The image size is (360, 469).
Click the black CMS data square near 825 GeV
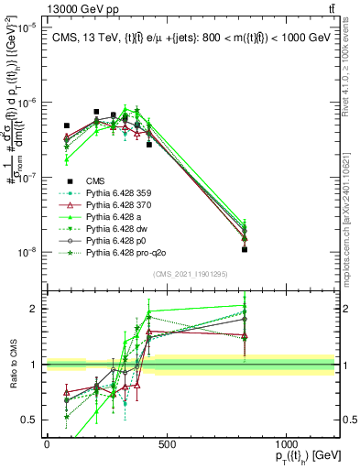(245, 249)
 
